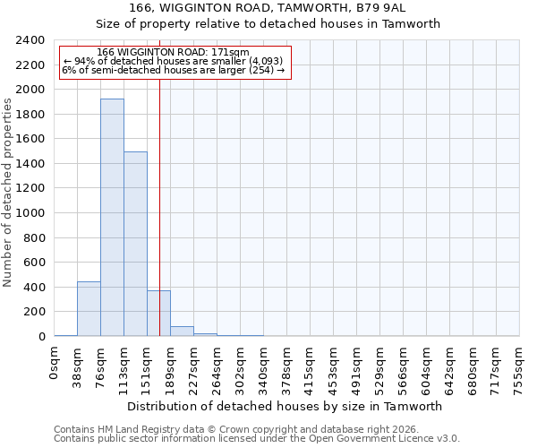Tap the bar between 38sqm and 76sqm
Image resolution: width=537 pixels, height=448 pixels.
pyautogui.click(x=89, y=309)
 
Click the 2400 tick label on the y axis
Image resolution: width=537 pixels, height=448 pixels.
pyautogui.click(x=30, y=40)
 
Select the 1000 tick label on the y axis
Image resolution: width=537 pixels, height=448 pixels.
pyautogui.click(x=30, y=213)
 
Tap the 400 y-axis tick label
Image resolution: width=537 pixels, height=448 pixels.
pyautogui.click(x=34, y=288)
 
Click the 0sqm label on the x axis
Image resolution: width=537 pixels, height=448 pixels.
pyautogui.click(x=55, y=361)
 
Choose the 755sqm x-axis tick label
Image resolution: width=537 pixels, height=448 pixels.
pyautogui.click(x=519, y=366)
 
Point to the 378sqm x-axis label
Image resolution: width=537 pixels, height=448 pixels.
pyautogui.click(x=286, y=366)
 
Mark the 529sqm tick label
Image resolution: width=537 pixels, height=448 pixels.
pyautogui.click(x=379, y=366)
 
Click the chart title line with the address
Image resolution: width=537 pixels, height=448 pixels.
pyautogui.click(x=268, y=8)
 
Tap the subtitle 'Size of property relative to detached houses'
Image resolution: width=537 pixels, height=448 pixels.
pyautogui.click(x=268, y=24)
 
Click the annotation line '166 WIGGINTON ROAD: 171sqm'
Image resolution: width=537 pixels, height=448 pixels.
pyautogui.click(x=173, y=53)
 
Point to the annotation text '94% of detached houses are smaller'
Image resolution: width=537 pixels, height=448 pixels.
pyautogui.click(x=173, y=61)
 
